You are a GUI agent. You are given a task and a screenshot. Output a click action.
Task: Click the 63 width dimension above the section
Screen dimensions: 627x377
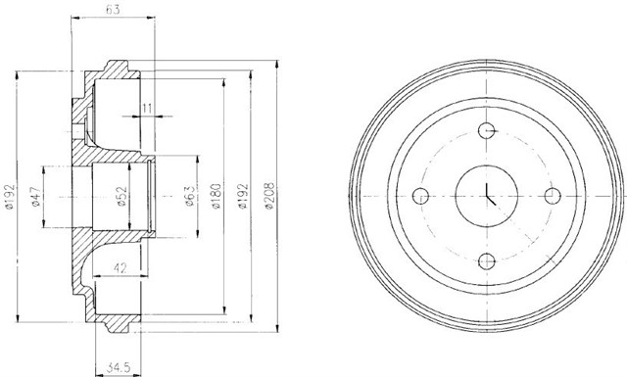[x=113, y=10]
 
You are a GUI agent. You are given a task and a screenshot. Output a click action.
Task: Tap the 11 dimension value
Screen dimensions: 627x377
[x=147, y=108]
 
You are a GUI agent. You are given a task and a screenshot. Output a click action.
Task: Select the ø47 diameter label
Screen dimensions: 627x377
[x=35, y=196]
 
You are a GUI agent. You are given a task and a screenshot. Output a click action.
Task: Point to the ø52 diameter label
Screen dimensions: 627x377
[x=121, y=196]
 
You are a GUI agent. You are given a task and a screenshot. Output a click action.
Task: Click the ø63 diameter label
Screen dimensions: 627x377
[x=189, y=196]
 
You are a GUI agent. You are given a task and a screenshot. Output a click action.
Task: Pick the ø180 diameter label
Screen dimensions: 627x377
[x=216, y=196]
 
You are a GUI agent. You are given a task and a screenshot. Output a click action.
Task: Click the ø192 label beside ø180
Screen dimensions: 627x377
[x=243, y=196]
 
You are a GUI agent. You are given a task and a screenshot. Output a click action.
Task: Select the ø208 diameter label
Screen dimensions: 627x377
[x=269, y=196]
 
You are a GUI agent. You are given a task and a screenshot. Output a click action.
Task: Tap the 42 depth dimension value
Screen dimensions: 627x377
[x=120, y=267]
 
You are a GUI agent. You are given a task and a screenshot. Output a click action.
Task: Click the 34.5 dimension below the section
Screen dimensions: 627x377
[x=119, y=367]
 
